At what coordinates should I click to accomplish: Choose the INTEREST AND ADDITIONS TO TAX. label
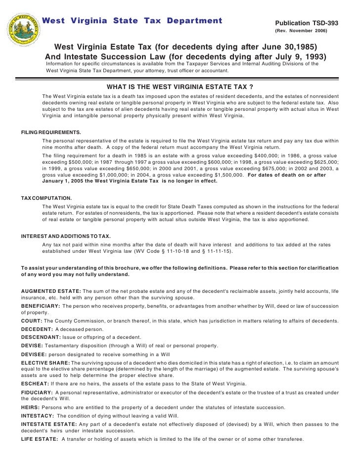(66, 236)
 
